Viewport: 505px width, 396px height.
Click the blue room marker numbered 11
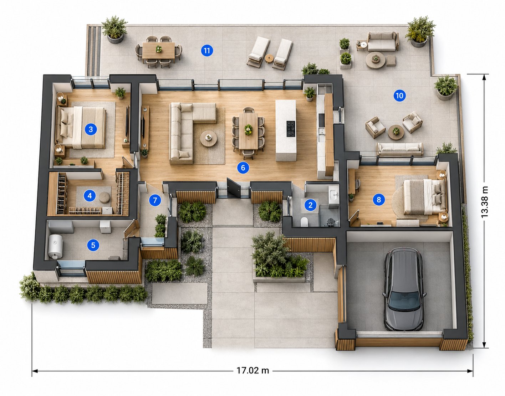207,50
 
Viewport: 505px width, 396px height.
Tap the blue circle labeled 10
399,96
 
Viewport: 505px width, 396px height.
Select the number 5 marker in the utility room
93,245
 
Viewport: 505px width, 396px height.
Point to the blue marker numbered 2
310,205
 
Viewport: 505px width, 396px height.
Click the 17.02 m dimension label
252,370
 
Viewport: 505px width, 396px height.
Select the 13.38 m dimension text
484,202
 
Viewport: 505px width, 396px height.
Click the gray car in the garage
404,289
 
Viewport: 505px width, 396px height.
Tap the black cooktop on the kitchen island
291,129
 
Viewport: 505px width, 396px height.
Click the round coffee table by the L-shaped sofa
209,139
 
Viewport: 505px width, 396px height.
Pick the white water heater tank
55,246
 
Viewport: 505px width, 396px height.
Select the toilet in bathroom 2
304,222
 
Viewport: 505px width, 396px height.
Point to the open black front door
234,188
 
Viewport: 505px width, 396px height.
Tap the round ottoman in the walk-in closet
104,197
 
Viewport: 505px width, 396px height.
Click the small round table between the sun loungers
269,58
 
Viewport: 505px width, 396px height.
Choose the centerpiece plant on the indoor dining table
248,129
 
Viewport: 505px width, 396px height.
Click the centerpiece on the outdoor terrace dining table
158,49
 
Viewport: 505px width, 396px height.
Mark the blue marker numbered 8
379,200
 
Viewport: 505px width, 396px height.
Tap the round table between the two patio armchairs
396,132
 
